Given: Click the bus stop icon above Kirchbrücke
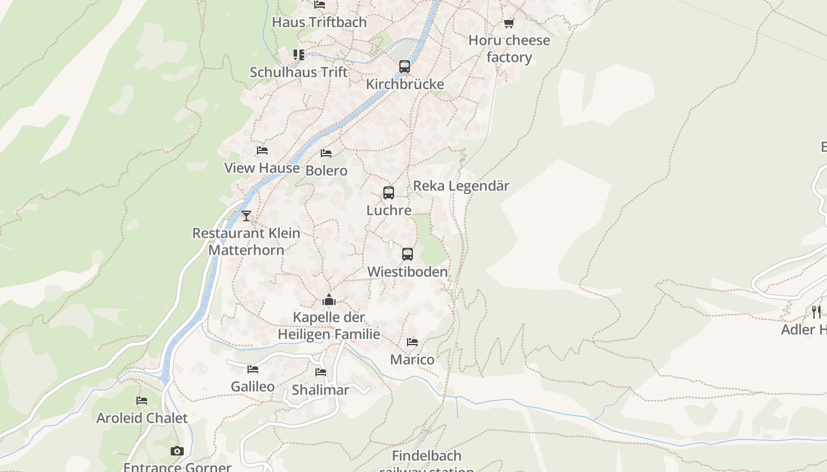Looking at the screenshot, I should tap(404, 67).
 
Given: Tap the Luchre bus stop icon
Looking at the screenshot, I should tap(388, 193).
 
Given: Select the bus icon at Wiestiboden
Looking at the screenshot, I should tap(407, 254).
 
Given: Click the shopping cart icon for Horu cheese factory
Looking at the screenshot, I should tap(509, 24).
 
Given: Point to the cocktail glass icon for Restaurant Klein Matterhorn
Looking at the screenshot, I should tap(246, 216).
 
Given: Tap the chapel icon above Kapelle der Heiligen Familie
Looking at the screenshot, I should tap(329, 300).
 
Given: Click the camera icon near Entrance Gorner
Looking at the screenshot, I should tap(177, 451).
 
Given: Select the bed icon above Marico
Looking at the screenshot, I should tap(412, 342).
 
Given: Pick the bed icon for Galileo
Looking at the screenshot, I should tap(253, 369).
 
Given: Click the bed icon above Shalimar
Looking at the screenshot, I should tap(321, 372).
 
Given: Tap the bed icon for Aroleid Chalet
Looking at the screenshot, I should tap(142, 401).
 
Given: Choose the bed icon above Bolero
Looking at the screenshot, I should tap(326, 153).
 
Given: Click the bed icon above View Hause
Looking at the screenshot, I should tap(262, 150).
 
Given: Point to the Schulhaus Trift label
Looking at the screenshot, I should tap(298, 72).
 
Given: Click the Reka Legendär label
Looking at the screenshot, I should tap(461, 185).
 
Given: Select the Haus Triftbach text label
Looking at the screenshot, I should tap(319, 22).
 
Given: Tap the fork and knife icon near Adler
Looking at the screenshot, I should tap(816, 312).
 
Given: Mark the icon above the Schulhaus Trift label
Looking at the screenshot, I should tap(299, 55).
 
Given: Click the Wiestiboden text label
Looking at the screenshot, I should tap(407, 271).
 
